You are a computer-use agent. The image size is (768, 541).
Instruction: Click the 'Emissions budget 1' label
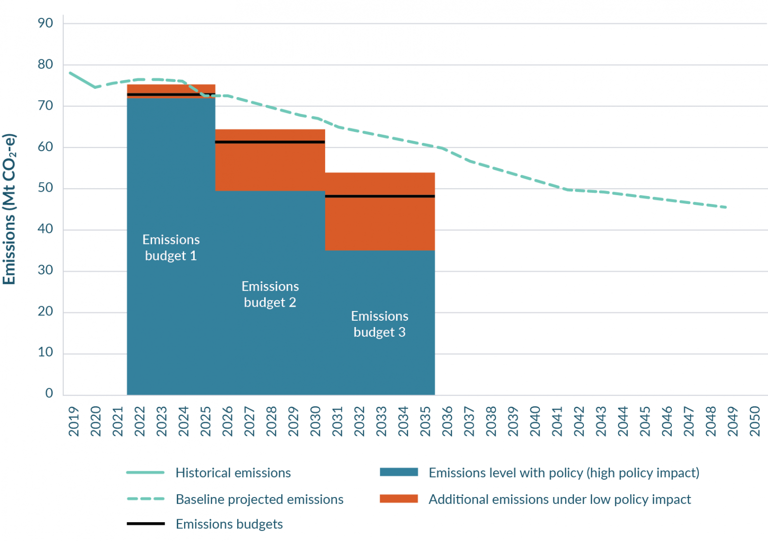point(171,247)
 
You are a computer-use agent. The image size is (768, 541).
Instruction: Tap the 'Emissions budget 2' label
point(270,294)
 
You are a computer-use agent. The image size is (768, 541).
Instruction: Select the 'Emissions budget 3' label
point(380,324)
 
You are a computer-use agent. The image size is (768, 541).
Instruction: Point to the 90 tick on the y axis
point(45,23)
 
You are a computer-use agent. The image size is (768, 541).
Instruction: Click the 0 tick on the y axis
point(49,393)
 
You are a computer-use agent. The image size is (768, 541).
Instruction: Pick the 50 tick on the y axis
point(45,188)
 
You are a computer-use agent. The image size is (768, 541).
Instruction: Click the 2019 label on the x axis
point(74,421)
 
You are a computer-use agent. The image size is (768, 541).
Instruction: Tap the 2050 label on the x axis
point(755,421)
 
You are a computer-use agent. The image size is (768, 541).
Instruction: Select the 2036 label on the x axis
point(447,421)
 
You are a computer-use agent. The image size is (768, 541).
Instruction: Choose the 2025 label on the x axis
point(206,421)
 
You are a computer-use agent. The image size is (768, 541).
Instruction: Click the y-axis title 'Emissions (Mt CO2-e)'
point(10,209)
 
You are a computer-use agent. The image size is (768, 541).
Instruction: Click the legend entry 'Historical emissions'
point(233,472)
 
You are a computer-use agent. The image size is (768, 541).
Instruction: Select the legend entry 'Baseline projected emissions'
point(259,499)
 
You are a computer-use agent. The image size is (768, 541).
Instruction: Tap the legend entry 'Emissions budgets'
point(229,524)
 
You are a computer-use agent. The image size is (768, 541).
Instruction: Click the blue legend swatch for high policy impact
point(398,472)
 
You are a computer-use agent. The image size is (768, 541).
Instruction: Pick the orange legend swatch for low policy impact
point(398,498)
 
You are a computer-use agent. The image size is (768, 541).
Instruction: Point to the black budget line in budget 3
point(380,196)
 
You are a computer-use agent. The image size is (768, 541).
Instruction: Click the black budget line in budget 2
point(270,142)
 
